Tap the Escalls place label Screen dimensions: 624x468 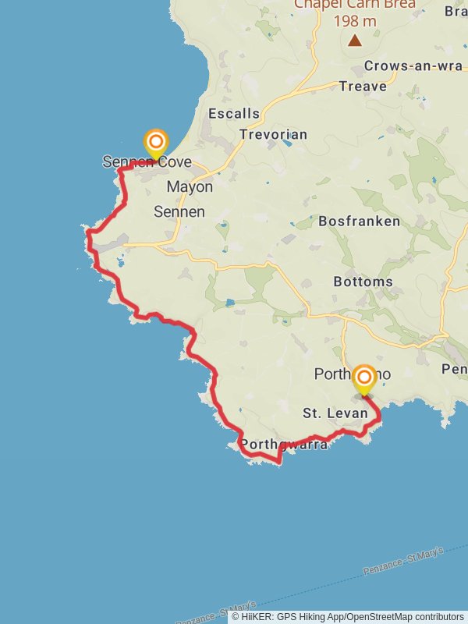[x=234, y=114]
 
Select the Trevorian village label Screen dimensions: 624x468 [x=273, y=134]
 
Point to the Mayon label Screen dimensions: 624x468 [x=190, y=187]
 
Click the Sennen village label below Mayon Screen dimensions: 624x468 [x=179, y=211]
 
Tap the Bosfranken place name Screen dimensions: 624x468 [x=360, y=222]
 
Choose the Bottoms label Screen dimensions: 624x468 [x=363, y=282]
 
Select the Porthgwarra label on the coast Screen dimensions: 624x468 [x=284, y=445]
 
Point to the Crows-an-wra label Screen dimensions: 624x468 [x=413, y=66]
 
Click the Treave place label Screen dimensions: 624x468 [x=363, y=87]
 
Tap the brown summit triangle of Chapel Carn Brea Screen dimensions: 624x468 [x=355, y=40]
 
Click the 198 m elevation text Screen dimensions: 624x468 [x=356, y=21]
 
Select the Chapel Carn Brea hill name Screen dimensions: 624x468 [x=355, y=5]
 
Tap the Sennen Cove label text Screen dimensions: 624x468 [x=147, y=162]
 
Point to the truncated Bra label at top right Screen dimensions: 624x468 [x=456, y=11]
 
